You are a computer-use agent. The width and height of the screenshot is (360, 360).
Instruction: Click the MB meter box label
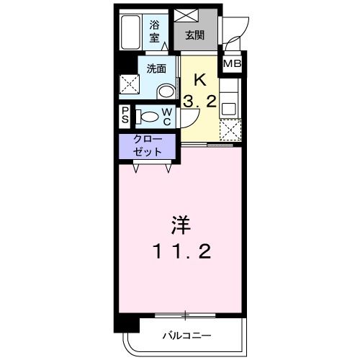pos(232,65)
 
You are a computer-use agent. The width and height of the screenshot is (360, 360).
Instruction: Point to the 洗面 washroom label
pos(156,69)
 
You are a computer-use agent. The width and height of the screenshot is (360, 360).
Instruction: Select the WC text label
pos(166,116)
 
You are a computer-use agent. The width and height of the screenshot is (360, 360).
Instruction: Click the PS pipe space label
pos(125,115)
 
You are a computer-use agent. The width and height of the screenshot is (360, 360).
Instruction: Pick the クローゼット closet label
pos(148,146)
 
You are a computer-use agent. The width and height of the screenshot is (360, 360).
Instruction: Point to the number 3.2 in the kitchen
pos(199,102)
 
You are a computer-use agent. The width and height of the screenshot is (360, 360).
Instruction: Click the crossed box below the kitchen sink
pos(229,132)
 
